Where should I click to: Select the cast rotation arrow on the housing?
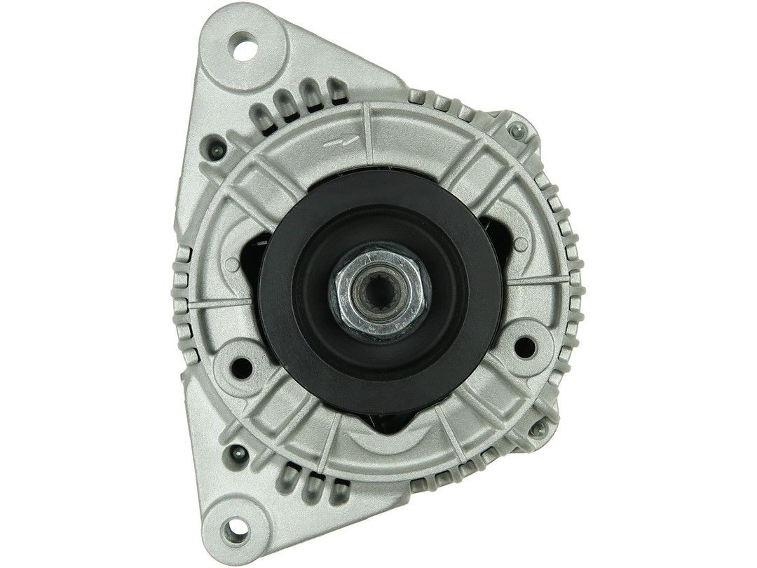click(x=344, y=141)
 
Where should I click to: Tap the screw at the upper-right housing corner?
click(x=517, y=130)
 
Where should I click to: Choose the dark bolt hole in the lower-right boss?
click(x=522, y=346)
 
